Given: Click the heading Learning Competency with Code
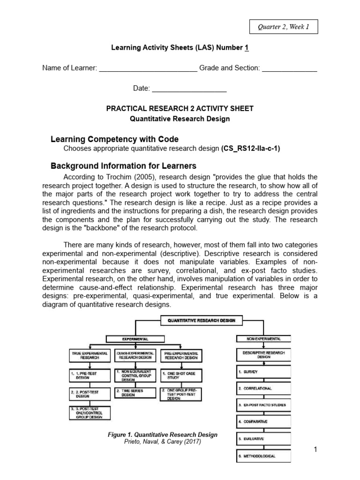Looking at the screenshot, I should tap(114, 139).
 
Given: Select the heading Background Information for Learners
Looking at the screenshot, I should tap(123, 166).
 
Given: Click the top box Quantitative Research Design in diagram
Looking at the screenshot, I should tap(202, 321).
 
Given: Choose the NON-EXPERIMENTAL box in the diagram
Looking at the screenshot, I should tap(264, 338).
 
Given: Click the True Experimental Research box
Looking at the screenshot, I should tap(90, 355).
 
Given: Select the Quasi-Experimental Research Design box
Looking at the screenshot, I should tap(135, 355).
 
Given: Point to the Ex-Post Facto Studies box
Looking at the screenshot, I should tap(262, 405).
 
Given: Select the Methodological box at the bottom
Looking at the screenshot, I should tap(262, 456).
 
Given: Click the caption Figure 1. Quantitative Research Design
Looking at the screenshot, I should tap(163, 435).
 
